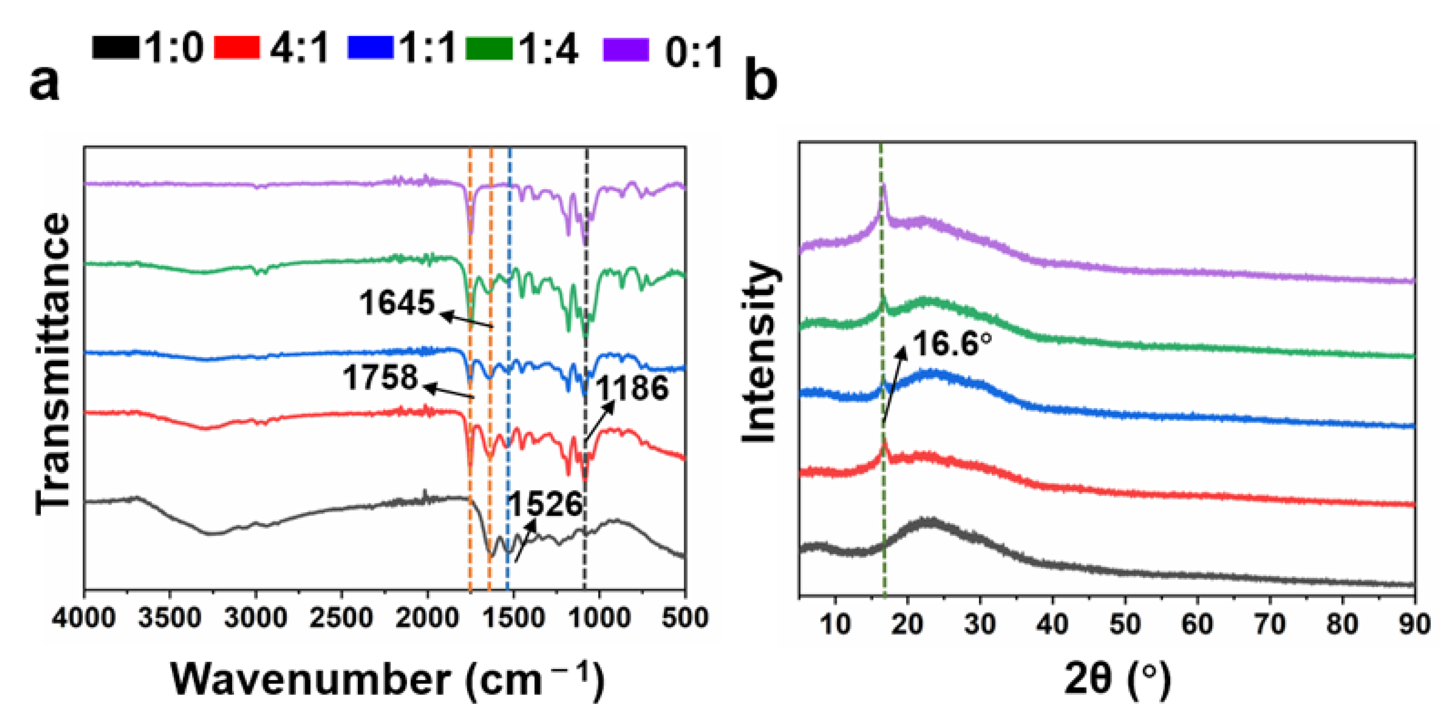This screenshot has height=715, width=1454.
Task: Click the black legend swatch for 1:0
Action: [x=115, y=47]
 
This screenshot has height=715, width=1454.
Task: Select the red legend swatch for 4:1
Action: [x=237, y=47]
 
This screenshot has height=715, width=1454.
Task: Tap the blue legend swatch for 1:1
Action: [x=370, y=47]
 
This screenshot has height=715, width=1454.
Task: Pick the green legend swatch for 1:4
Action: [x=489, y=47]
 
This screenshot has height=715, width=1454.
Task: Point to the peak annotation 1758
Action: [x=380, y=377]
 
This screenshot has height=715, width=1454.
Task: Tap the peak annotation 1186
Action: [x=632, y=388]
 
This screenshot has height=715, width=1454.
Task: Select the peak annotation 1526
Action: [x=544, y=504]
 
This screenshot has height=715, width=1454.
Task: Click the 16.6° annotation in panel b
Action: [x=952, y=344]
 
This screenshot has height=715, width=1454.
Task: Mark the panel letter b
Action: [x=760, y=82]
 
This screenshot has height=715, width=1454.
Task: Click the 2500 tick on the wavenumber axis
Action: [x=341, y=618]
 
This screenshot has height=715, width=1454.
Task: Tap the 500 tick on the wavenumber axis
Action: [x=685, y=618]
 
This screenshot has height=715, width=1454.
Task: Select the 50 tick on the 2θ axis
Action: [x=1125, y=624]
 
